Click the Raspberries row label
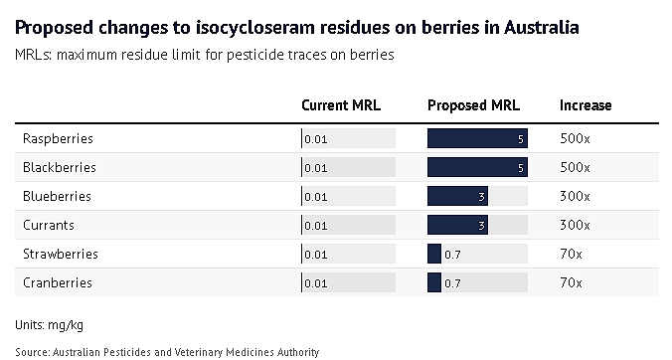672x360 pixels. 58,139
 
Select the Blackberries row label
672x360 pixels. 60,167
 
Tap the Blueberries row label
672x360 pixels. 57,196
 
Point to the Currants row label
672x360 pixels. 49,225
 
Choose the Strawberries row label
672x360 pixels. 61,254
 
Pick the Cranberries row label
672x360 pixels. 58,282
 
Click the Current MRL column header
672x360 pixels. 341,105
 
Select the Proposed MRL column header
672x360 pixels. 473,105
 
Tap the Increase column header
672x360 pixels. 586,105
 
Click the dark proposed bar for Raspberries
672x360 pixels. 477,138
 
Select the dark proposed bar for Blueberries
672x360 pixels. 457,196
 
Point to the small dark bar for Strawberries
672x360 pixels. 434,254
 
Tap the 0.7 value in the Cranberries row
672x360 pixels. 452,283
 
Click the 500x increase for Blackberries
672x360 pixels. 575,167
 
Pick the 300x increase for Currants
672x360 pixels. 575,225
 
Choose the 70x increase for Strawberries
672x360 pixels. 571,254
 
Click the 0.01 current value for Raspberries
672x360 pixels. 316,139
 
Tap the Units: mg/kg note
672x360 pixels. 50,325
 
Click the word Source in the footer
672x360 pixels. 32,352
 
